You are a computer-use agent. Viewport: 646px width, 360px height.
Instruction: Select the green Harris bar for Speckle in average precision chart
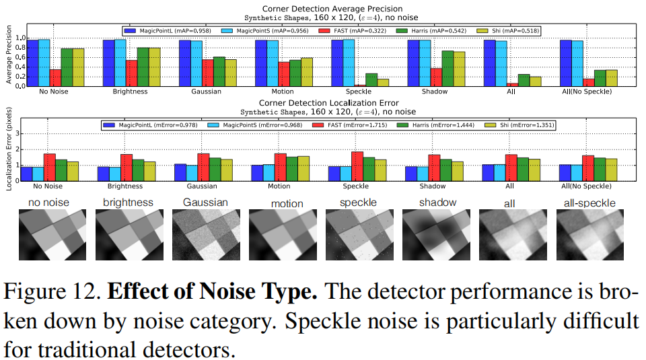pyautogui.click(x=371, y=79)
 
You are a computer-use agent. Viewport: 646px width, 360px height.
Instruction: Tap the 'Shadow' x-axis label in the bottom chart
pyautogui.click(x=433, y=186)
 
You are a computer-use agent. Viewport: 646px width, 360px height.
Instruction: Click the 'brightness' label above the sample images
pyautogui.click(x=128, y=203)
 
